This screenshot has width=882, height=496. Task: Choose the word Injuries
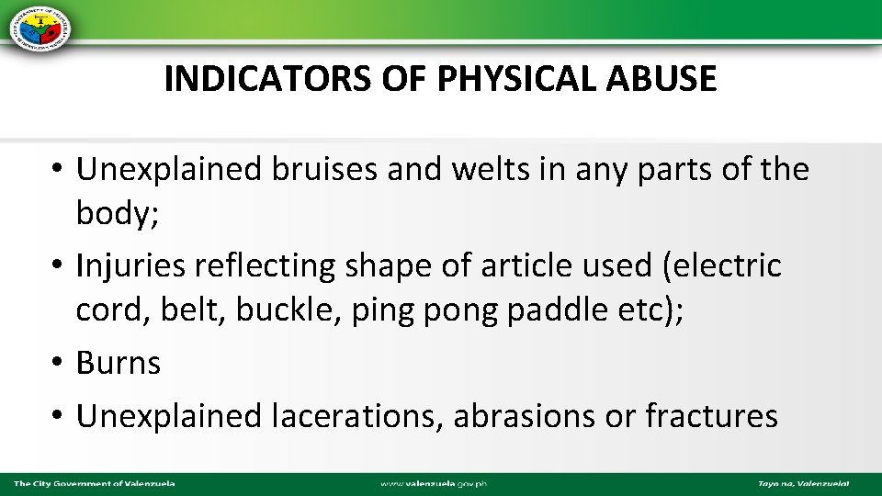coord(129,266)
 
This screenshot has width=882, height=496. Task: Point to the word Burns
coord(119,363)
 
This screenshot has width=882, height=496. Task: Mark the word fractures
coord(711,416)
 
